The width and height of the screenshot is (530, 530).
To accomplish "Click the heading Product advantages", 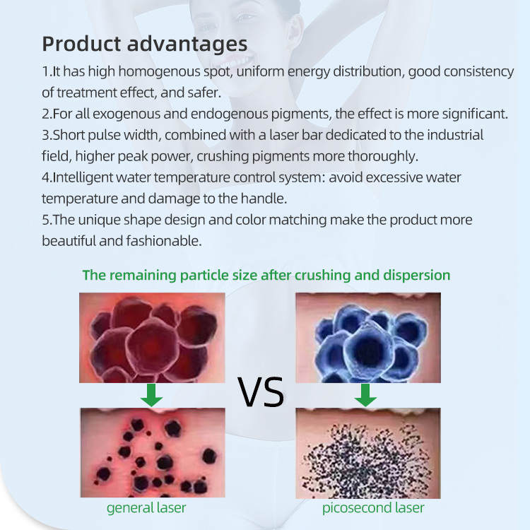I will point(145,43).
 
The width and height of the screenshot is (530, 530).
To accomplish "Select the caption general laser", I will point(146,507).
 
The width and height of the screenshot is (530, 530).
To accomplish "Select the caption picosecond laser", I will point(373,507).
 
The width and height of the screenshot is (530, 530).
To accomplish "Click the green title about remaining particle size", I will point(266,275).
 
